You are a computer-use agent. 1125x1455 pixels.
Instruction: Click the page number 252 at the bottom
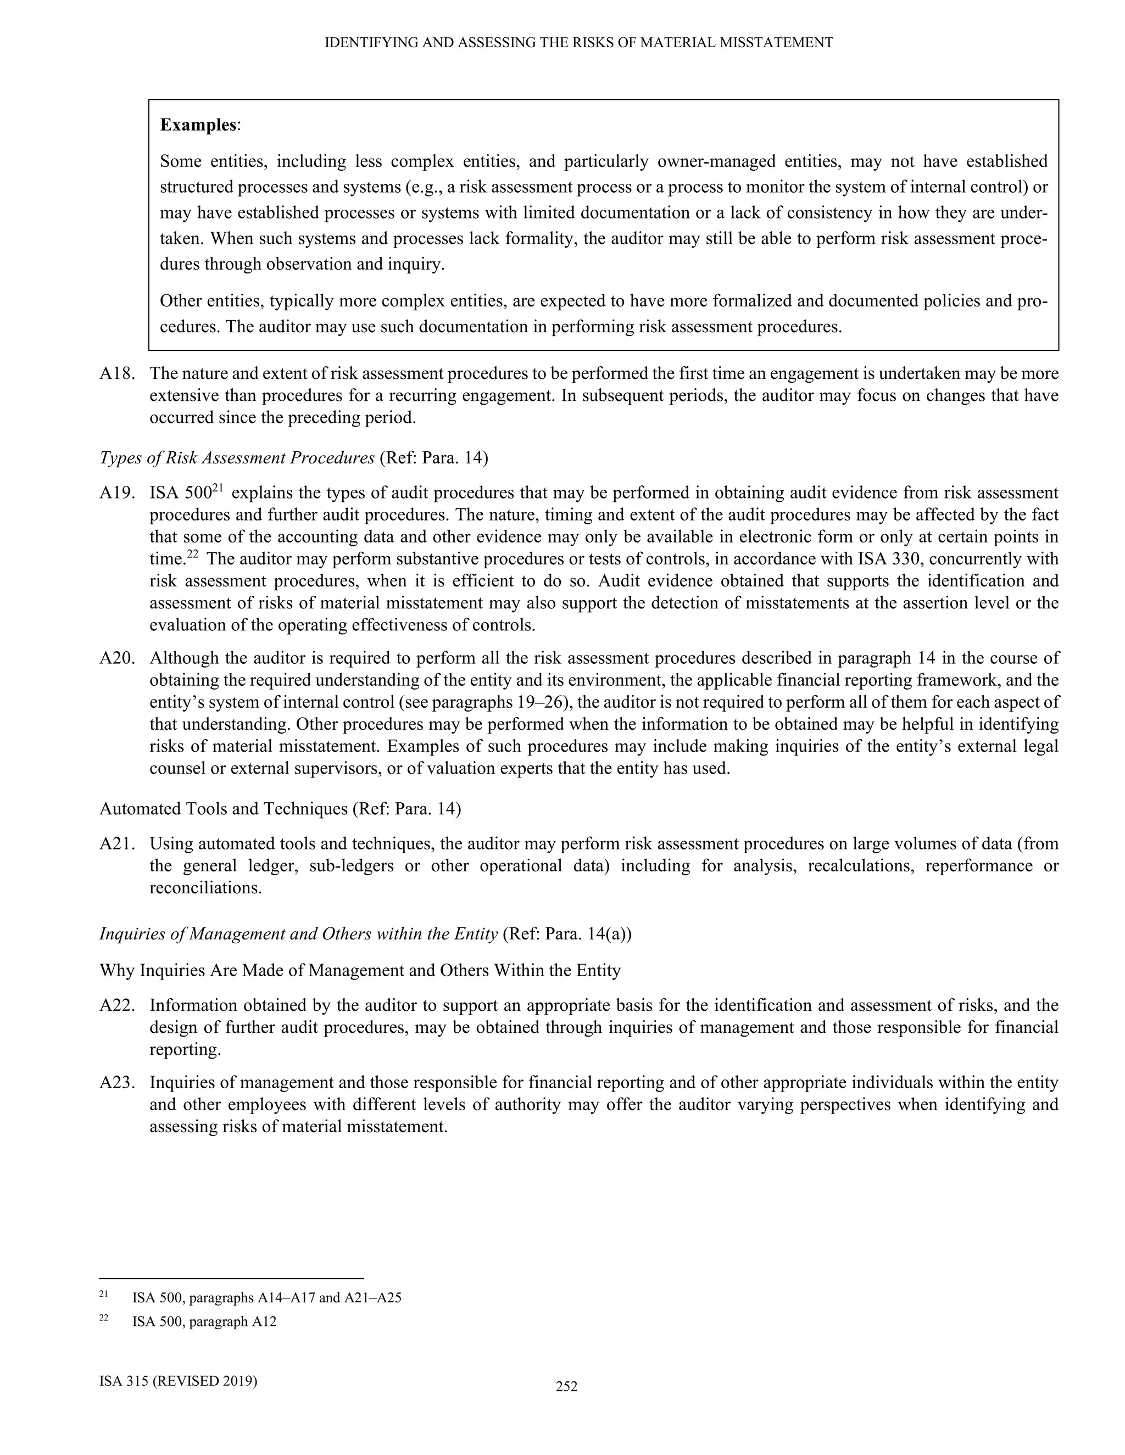pyautogui.click(x=566, y=1386)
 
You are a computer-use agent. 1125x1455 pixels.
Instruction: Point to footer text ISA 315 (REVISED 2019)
pyautogui.click(x=178, y=1380)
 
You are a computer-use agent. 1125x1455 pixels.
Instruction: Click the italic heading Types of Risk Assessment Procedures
pyautogui.click(x=237, y=458)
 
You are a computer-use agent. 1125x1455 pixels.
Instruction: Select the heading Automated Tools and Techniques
pyautogui.click(x=223, y=808)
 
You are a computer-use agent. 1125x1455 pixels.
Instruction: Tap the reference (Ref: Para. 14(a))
pyautogui.click(x=566, y=934)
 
